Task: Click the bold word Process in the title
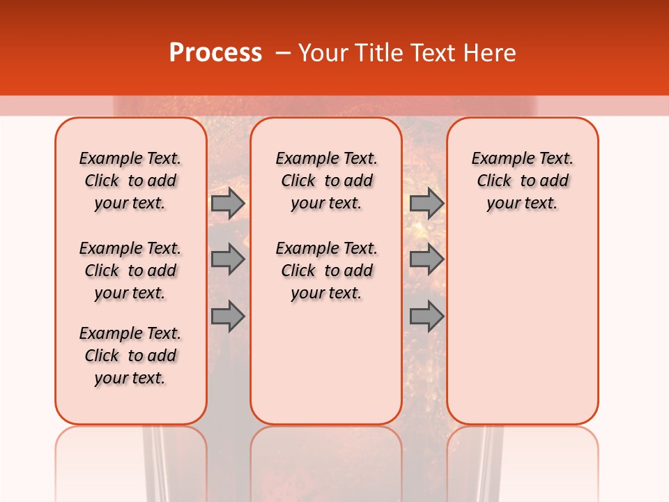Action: pos(215,52)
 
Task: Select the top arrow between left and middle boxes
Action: pos(228,203)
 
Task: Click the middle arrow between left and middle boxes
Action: pos(228,260)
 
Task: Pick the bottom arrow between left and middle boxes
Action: pos(228,317)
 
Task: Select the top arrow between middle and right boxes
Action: pos(426,203)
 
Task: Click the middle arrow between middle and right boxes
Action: pos(426,260)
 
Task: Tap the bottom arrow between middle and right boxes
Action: pos(426,317)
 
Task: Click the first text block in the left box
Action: pos(130,181)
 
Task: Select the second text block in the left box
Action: pos(130,271)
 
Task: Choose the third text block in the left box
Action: pos(130,356)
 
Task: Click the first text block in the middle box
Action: pos(326,181)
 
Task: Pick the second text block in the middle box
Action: pos(326,271)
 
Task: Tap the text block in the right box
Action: pos(523,181)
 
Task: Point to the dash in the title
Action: pos(283,53)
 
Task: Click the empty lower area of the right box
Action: pos(523,328)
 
